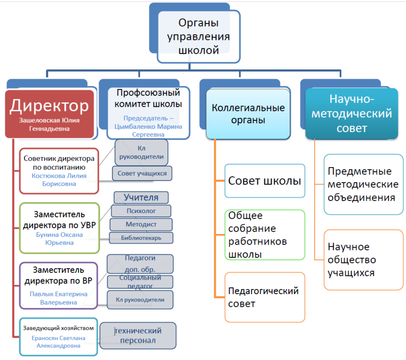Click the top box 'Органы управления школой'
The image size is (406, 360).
[198, 37]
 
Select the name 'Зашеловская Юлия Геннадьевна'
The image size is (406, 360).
[49, 124]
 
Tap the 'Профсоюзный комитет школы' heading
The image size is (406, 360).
[148, 98]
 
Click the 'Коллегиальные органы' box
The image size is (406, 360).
[248, 114]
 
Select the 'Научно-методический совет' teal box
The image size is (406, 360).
[351, 113]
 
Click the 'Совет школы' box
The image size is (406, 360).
[264, 181]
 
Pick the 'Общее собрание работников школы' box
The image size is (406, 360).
[264, 235]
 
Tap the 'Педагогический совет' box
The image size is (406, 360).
[264, 297]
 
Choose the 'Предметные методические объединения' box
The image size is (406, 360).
[363, 184]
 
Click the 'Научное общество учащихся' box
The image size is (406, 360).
[363, 260]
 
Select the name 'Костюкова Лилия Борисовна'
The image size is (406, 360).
[59, 180]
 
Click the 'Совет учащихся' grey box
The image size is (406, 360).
[142, 173]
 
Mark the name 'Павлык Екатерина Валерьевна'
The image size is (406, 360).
[58, 298]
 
